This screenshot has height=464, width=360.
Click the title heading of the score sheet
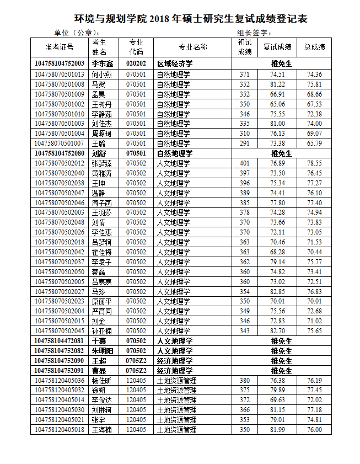click(190, 19)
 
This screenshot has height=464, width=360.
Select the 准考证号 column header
click(60, 47)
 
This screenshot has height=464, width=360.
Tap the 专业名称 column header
click(193, 47)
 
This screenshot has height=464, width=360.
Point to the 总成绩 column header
click(315, 47)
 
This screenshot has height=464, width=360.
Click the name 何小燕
click(101, 74)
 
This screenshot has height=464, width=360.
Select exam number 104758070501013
click(60, 74)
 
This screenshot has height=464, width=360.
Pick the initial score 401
click(245, 163)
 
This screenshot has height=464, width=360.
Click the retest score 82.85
click(278, 291)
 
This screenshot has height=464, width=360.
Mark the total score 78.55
click(315, 163)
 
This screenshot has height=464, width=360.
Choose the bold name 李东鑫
click(102, 64)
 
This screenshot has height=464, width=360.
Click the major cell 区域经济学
click(175, 64)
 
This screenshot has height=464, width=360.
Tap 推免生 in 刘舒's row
click(281, 153)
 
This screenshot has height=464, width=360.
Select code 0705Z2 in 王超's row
click(136, 361)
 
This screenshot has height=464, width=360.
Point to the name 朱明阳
click(103, 351)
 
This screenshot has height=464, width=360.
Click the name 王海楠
click(101, 430)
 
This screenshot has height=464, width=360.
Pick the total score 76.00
click(315, 430)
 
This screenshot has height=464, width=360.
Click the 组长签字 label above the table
click(254, 33)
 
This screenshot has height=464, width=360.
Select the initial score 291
click(245, 143)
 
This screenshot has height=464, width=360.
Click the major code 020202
click(136, 64)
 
